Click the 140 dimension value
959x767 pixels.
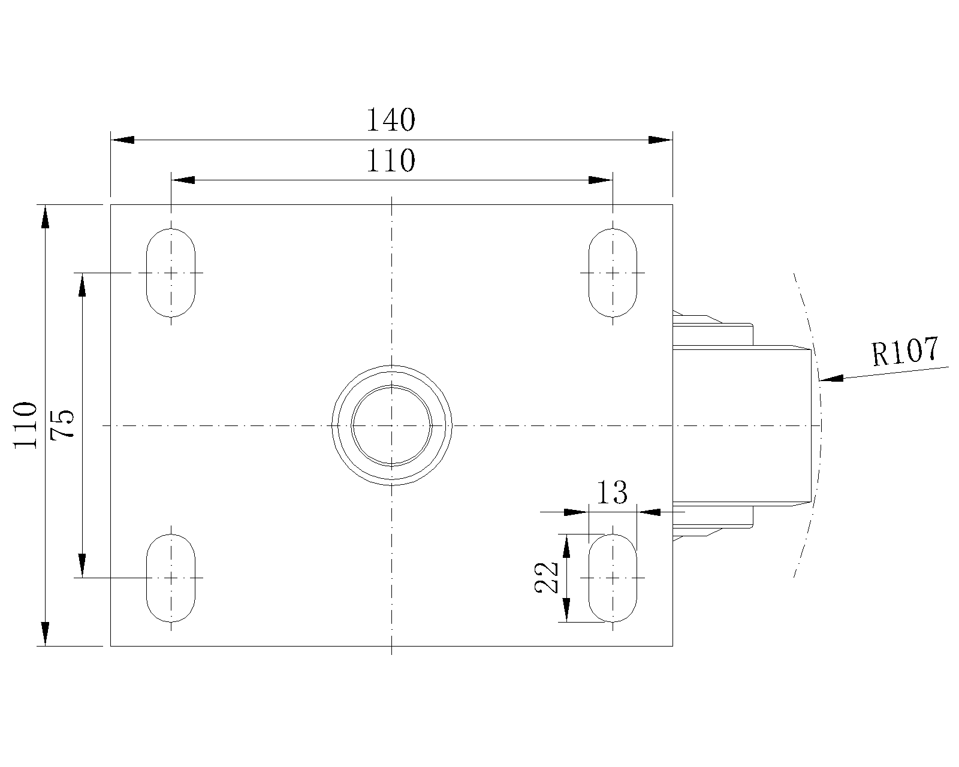(391, 120)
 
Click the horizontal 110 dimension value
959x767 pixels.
(391, 161)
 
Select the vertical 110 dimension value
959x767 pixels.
(25, 425)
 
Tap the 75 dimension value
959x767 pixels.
(62, 424)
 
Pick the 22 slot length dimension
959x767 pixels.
(547, 578)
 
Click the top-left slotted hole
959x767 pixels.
(171, 273)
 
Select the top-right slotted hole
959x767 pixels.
(613, 273)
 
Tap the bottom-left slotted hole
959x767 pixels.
(171, 578)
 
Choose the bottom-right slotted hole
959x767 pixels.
(613, 578)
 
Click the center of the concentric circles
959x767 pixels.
(392, 425)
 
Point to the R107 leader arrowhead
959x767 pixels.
(831, 378)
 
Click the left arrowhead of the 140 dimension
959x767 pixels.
(122, 140)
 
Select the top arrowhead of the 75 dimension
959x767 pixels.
(82, 285)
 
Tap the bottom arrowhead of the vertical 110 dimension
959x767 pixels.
(45, 634)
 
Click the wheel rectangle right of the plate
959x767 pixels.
(741, 425)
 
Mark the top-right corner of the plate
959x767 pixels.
(673, 204)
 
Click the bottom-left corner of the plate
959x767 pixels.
(110, 646)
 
